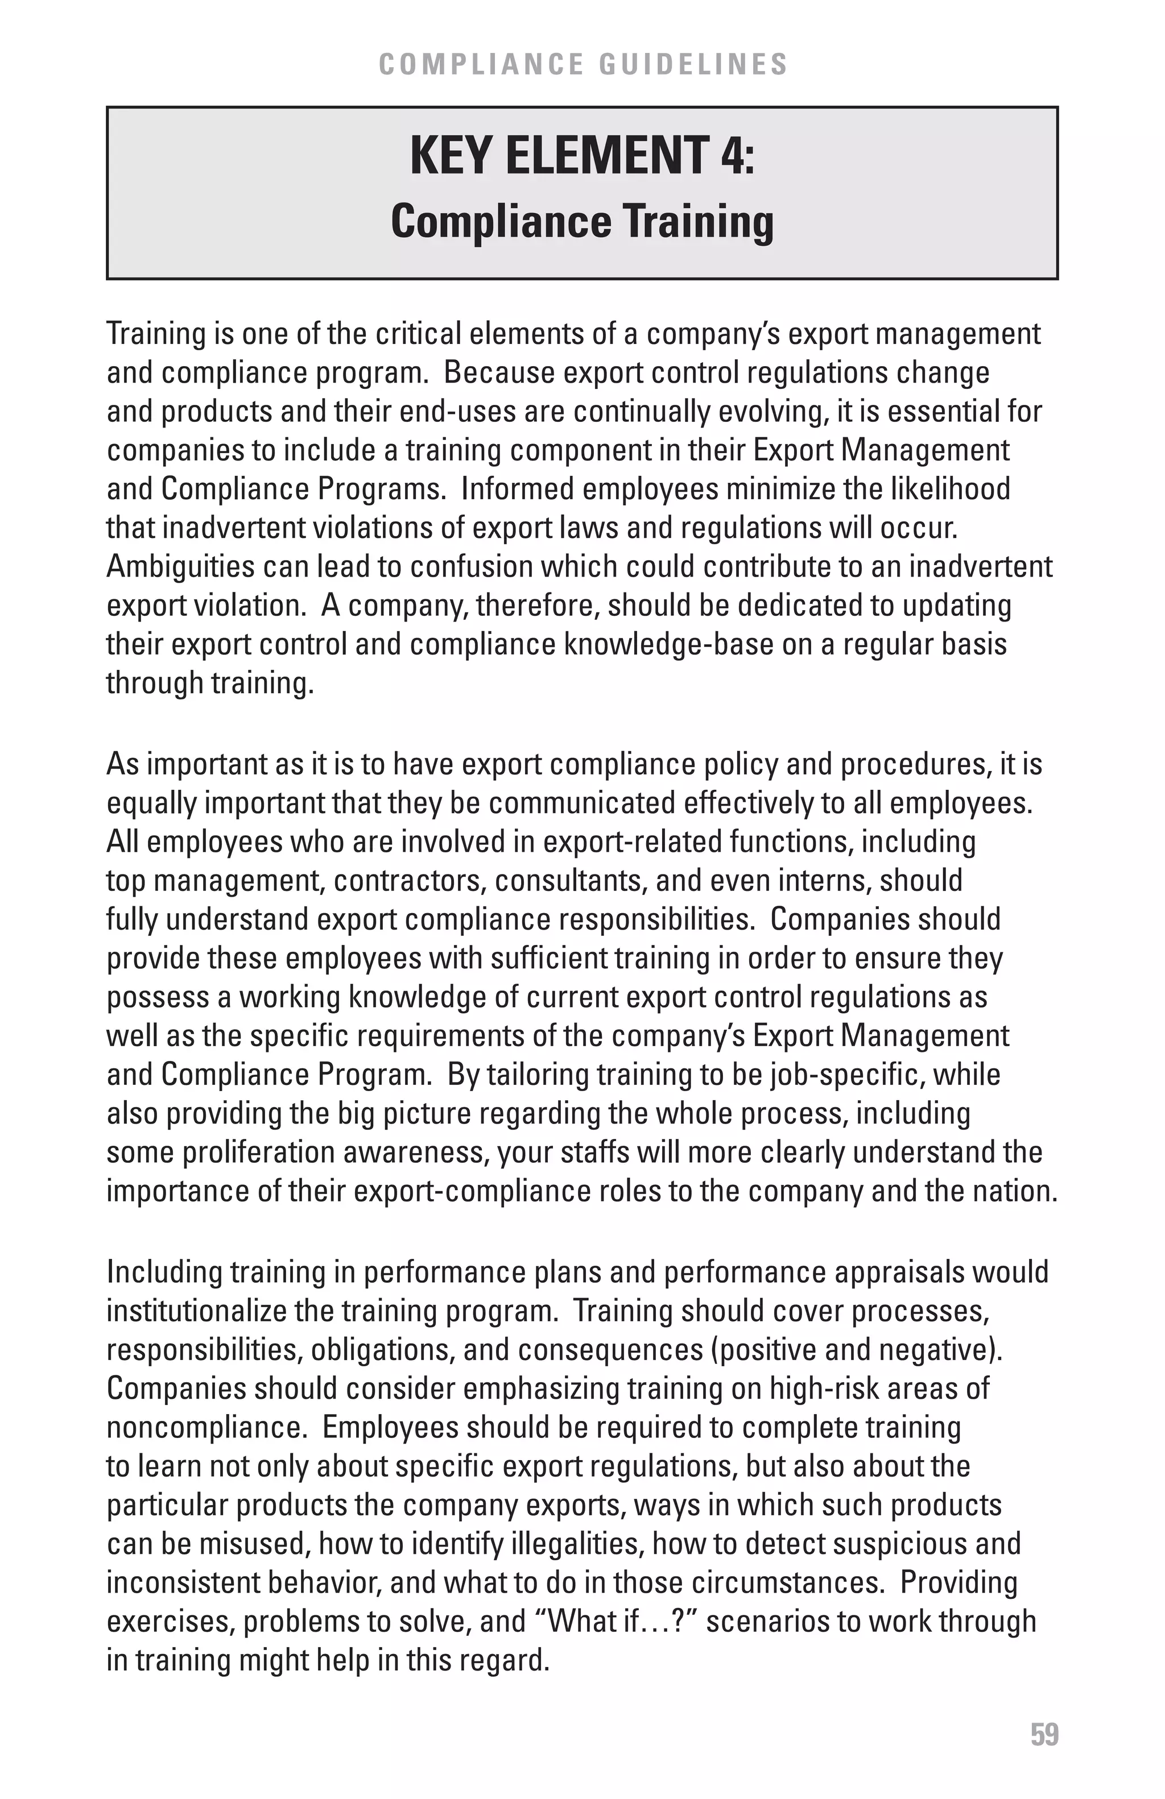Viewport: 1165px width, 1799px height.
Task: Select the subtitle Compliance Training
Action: click(582, 222)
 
